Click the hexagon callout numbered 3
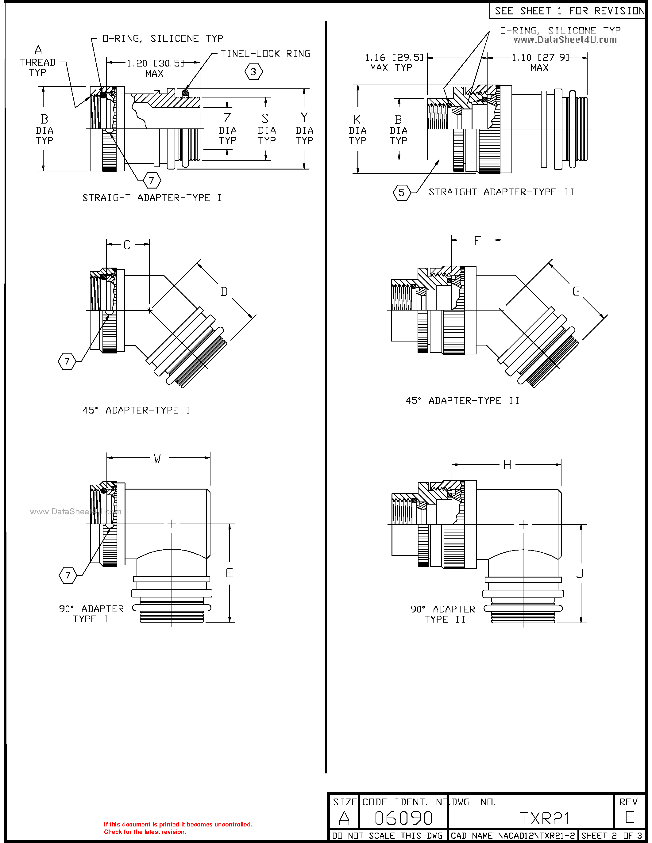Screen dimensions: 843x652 coord(253,72)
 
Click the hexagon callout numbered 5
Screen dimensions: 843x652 coord(401,193)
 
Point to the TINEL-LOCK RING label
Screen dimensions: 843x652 coord(265,54)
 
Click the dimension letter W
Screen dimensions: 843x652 coord(157,459)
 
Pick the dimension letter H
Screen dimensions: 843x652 coord(507,465)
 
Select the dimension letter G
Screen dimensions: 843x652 coord(576,292)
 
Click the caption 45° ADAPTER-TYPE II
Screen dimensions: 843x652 coord(462,401)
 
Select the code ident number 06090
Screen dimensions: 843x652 coord(403,818)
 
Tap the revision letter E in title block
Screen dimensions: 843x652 coord(629,818)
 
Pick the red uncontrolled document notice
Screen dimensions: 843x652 coord(178,828)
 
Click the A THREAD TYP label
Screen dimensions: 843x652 coord(38,62)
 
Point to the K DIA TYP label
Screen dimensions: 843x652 coord(357,130)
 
